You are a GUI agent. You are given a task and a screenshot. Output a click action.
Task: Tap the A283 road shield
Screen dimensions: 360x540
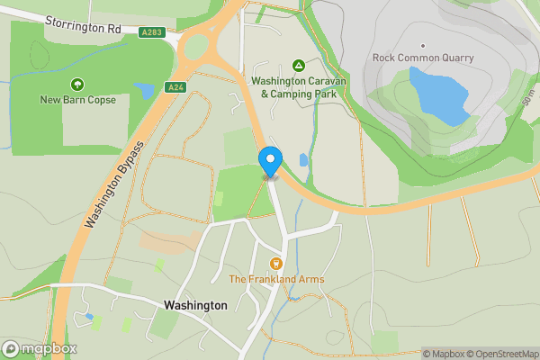point(151,32)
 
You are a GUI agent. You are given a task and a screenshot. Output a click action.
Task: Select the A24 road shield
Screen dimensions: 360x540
point(175,87)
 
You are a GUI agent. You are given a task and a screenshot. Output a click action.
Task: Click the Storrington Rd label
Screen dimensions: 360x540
point(82,29)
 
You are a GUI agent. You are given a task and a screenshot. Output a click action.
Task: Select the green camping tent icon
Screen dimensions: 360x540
point(299,66)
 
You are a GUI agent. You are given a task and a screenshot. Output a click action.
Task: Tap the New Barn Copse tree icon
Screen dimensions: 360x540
point(77,85)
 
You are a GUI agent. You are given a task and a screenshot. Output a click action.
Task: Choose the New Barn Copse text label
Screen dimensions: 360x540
point(77,100)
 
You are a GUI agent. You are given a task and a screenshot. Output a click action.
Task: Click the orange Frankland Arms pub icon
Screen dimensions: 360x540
point(276,264)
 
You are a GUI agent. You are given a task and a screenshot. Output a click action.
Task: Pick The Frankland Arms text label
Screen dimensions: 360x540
point(276,280)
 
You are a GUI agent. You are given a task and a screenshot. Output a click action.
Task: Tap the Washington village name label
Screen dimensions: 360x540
point(195,305)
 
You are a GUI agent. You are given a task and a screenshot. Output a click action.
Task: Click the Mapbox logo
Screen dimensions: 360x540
point(40,348)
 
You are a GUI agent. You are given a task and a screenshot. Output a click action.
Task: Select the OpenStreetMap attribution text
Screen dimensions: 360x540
point(499,354)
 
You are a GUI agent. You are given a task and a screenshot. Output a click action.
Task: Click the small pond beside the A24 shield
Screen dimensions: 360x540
point(144,91)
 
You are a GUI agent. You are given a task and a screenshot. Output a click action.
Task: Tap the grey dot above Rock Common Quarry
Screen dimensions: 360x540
point(421,45)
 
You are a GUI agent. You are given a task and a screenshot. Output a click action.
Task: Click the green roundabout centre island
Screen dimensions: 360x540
point(195,46)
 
